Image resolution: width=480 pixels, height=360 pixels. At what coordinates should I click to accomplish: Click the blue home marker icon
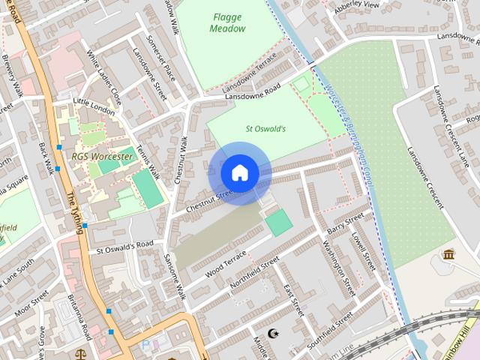click(x=240, y=173)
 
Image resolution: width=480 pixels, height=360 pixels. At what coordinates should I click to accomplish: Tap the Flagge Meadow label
click(x=228, y=22)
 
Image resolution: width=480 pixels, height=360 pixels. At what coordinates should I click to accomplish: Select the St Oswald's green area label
click(x=265, y=128)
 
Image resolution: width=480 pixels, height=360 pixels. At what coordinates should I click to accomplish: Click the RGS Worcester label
click(x=102, y=157)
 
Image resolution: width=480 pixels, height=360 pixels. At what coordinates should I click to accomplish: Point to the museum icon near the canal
click(x=449, y=255)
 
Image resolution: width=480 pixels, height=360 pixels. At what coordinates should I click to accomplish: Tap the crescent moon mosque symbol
click(x=272, y=332)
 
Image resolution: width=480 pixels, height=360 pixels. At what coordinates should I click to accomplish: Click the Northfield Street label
click(x=255, y=273)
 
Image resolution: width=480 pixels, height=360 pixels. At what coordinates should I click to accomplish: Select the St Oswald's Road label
click(x=124, y=246)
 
